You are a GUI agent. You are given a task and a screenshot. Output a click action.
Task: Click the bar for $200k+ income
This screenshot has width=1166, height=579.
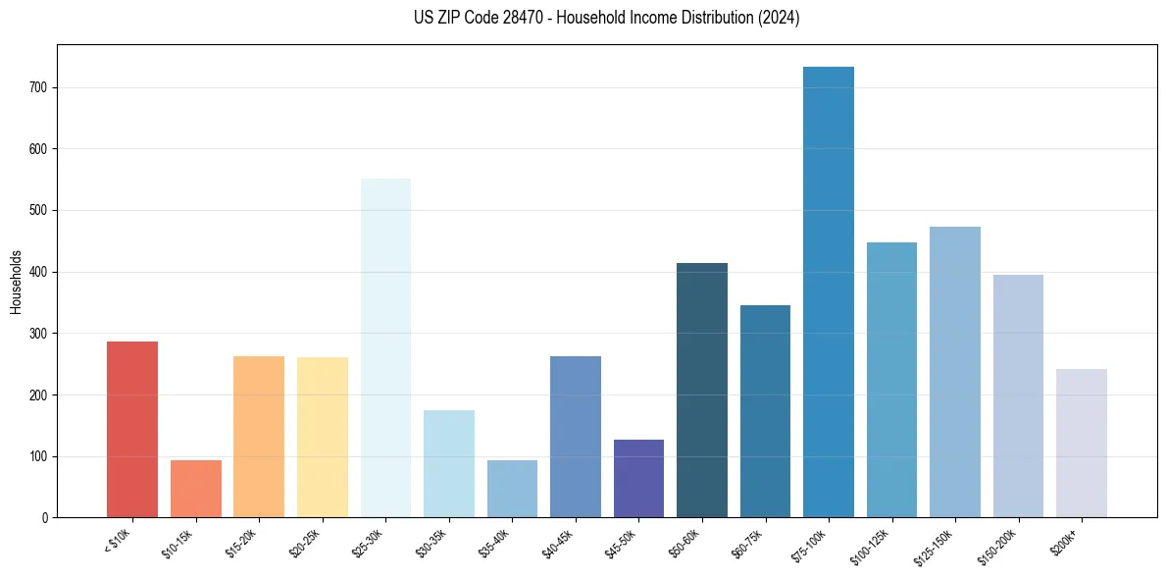pyautogui.click(x=1081, y=443)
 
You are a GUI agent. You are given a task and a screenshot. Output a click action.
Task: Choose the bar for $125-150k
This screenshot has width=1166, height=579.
pyautogui.click(x=954, y=372)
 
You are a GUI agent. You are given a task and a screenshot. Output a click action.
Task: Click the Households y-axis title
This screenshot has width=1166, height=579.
pyautogui.click(x=16, y=281)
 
